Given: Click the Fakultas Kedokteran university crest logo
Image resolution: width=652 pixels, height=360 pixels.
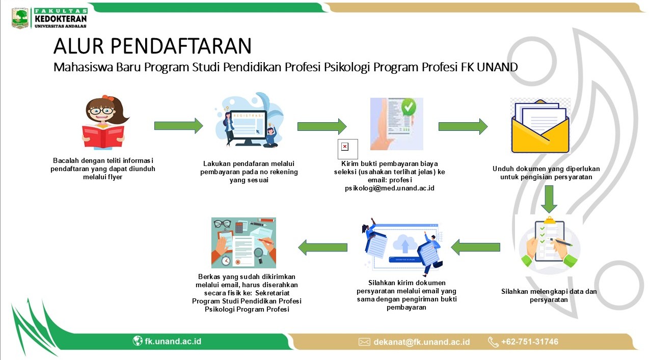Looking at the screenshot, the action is coord(20,18).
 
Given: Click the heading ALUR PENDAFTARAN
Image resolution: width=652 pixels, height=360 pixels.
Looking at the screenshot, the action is coord(152,46).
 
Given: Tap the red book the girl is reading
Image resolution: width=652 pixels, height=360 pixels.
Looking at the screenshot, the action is coord(103,136).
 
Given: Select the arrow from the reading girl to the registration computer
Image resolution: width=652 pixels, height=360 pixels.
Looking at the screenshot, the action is coord(178,126).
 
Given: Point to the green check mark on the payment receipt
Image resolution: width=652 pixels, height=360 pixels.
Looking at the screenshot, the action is coord(409,107).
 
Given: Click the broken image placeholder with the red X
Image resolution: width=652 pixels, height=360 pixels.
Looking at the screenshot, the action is coord(347,149).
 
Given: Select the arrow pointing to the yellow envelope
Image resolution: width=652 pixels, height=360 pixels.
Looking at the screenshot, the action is coord(463,126).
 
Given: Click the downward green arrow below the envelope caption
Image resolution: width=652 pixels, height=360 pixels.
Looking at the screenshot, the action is coord(549,199).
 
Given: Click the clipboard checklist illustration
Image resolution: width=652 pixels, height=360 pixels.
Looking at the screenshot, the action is coord(549,244).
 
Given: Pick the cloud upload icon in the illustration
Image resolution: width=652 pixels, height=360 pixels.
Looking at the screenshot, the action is coord(404,244).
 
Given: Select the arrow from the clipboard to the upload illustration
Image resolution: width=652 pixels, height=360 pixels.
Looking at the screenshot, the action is coord(475,247).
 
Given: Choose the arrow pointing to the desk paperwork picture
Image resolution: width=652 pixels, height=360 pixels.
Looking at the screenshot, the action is coord(322,247).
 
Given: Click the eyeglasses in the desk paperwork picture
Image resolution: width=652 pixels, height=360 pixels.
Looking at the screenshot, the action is coord(223,224).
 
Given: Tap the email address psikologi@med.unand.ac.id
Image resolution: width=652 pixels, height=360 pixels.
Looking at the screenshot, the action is coord(390,188).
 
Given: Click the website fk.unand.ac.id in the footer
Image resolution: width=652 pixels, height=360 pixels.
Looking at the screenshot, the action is coord(173,341).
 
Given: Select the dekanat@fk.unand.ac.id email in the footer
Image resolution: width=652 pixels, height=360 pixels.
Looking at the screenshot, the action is coord(421,342).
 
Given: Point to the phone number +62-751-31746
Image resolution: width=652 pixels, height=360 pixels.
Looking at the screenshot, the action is coord(529,341).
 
